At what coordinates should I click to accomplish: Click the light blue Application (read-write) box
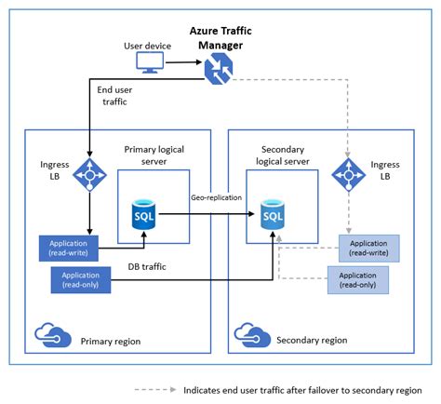[x=369, y=248]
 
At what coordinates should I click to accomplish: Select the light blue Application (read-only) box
[x=357, y=279]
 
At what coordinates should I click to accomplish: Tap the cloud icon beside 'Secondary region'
[x=252, y=335]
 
